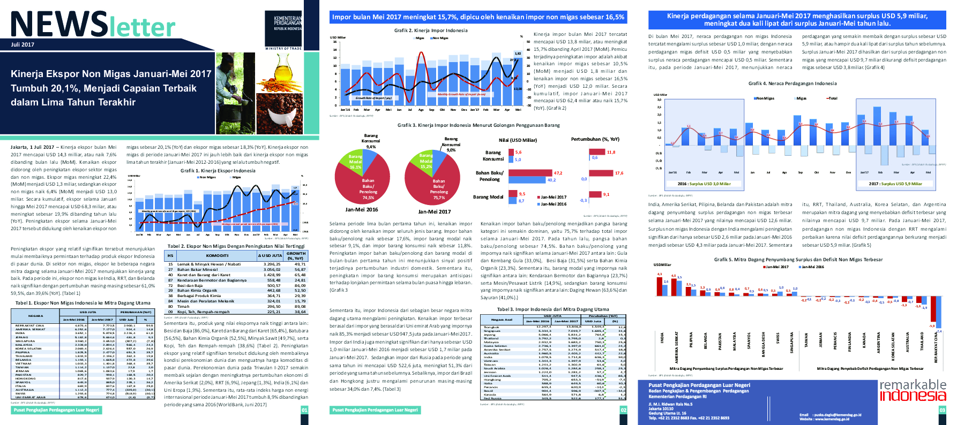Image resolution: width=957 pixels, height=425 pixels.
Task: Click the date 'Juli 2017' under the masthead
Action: point(23,44)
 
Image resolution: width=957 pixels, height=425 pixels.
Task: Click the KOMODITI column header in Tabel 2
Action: point(217,256)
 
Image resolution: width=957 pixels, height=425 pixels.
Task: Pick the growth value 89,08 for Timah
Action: point(300,307)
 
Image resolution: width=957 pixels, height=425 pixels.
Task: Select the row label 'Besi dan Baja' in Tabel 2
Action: point(190,285)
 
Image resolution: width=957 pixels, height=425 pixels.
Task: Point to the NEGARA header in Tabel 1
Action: point(36,316)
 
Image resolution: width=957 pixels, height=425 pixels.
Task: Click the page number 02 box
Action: point(623,410)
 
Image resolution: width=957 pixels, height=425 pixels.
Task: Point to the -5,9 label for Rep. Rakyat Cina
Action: point(932,325)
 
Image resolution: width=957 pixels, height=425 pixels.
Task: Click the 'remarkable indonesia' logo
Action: point(913,390)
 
